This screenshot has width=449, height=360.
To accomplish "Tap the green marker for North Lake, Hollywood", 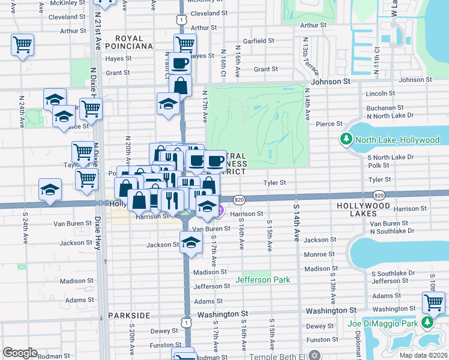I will pos(346,140).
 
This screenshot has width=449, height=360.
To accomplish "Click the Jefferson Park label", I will pos(262,280).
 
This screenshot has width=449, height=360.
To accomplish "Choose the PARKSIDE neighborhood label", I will pos(128,315).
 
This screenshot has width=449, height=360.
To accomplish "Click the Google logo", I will pos(20,353).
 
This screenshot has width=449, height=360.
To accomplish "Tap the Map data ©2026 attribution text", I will pos(424,355).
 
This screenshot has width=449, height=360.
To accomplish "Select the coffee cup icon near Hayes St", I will pos(180,62).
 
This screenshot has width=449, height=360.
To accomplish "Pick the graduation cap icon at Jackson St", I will pos(191,243).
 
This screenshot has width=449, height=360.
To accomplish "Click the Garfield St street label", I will pos(259,41).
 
